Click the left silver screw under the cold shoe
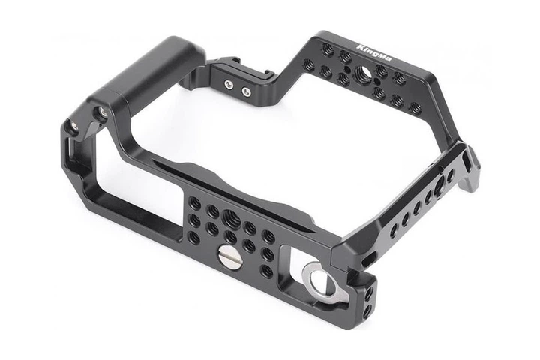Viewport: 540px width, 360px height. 228,84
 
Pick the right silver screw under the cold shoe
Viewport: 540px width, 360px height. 246,91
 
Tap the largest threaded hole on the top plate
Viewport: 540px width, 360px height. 362,73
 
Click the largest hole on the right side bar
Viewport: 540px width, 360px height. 439,186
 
